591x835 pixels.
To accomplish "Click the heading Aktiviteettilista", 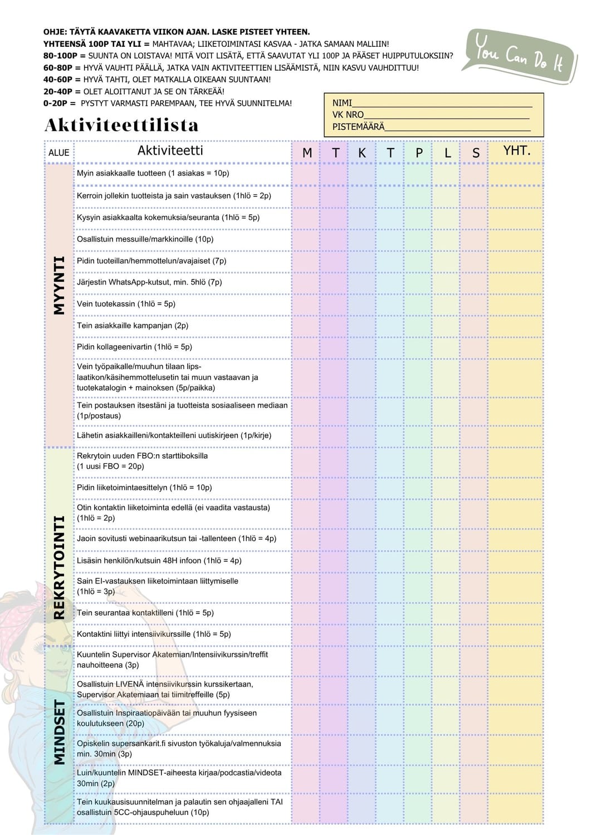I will coord(121,125).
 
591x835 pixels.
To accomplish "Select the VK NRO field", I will coord(446,115).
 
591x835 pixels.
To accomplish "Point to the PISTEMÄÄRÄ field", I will coord(457,127).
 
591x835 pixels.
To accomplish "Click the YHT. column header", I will coord(516,151).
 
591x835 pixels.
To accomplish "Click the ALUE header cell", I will coord(59,153).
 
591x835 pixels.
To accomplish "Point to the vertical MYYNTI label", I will coord(59,286).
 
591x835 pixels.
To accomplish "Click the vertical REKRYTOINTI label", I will coord(59,567).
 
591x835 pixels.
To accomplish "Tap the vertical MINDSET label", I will coord(59,732).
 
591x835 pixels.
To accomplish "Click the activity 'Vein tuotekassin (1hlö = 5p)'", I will coord(126,304).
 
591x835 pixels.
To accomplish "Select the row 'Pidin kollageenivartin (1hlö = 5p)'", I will coord(134,347).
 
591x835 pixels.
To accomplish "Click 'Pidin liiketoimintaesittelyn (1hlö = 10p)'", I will coord(144,488).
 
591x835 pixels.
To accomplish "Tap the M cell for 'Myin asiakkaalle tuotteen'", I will coord(305,174).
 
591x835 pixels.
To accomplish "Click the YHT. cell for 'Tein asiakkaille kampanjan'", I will coord(515,326).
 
